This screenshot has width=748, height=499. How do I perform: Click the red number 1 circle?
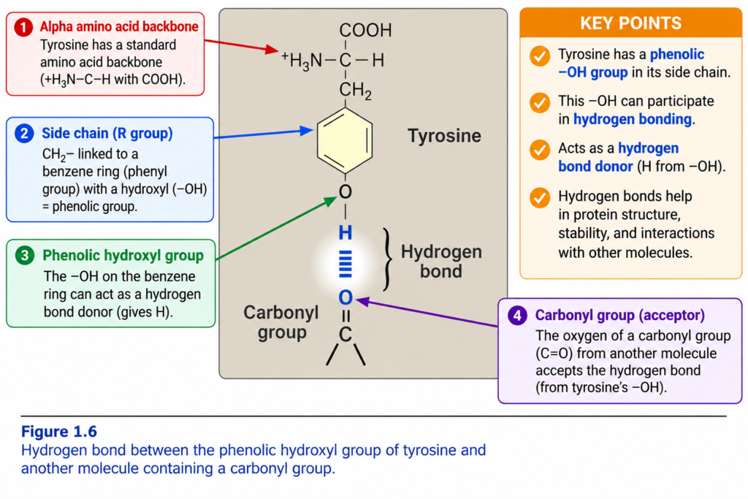(x=23, y=27)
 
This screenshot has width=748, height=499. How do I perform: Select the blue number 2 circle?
(x=24, y=134)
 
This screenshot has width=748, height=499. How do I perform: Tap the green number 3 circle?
(x=25, y=256)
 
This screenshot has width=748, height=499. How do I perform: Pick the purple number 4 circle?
(x=518, y=316)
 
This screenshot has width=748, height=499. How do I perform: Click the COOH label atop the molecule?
(x=365, y=31)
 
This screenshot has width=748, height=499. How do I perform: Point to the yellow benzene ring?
(x=345, y=141)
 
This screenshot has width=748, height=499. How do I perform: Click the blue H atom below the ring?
(x=346, y=233)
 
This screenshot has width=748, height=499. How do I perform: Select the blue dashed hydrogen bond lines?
(x=346, y=264)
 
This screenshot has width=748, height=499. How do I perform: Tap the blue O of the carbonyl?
(x=346, y=297)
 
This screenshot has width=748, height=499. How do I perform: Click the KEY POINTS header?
(x=630, y=23)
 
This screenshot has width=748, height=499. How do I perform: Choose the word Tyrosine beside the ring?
(x=445, y=136)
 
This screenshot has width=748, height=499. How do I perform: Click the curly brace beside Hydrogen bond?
(x=388, y=259)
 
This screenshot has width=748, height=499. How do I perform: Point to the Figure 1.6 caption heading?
(x=59, y=431)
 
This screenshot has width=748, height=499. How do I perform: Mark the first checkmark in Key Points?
(x=540, y=56)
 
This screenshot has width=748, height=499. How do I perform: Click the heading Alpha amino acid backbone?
(x=119, y=26)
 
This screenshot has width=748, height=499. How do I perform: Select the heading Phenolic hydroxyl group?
(x=123, y=256)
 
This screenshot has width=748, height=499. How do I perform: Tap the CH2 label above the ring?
(x=356, y=90)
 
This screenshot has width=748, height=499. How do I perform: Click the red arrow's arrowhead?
(x=272, y=49)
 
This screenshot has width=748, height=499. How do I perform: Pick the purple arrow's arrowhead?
(x=362, y=302)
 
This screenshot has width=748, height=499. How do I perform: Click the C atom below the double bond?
(x=346, y=335)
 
